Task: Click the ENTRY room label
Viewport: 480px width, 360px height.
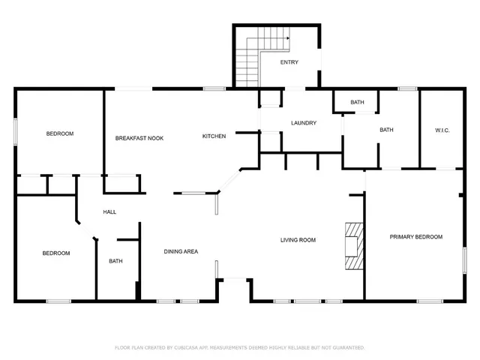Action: (x=289, y=62)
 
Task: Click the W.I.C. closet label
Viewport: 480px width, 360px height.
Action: (x=442, y=130)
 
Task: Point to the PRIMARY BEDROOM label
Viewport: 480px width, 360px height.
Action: (x=415, y=237)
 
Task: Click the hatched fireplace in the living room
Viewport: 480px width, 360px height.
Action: (x=353, y=246)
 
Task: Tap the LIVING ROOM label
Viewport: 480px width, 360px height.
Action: (x=298, y=241)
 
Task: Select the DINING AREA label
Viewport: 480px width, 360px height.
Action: (x=181, y=251)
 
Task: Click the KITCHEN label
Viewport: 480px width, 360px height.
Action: (x=214, y=136)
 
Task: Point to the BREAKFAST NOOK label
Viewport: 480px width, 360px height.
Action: (x=139, y=138)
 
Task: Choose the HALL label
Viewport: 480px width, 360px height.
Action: (x=109, y=212)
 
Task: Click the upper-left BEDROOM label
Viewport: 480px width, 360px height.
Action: (x=60, y=133)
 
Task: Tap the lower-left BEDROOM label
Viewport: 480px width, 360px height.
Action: (x=55, y=253)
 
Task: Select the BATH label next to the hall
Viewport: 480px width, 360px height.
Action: (x=115, y=262)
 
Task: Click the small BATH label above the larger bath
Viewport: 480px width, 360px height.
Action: (x=357, y=102)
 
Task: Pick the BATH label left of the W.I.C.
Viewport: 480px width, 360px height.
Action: (x=386, y=130)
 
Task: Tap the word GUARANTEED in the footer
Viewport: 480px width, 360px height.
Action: (x=348, y=348)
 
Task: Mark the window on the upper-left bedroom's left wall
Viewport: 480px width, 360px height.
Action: (x=15, y=131)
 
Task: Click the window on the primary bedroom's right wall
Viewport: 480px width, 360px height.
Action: (x=465, y=259)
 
